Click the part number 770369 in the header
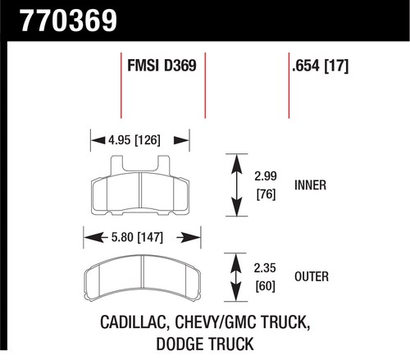[x=69, y=21]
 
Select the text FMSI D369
[x=162, y=66]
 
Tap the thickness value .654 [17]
[x=320, y=66]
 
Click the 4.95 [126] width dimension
[x=134, y=140]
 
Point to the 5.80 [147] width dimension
[x=137, y=237]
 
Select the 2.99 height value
[x=266, y=176]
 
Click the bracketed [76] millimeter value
[x=266, y=194]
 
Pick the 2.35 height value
[x=265, y=268]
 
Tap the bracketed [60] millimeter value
[x=265, y=286]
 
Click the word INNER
[x=310, y=185]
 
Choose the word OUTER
[x=312, y=276]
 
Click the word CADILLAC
[x=134, y=322]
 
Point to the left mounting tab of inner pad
[x=116, y=165]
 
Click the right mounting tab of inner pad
[x=164, y=165]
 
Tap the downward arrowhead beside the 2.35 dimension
[x=236, y=292]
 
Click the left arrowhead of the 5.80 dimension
[x=93, y=237]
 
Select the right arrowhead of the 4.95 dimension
[x=181, y=140]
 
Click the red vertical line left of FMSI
[x=121, y=85]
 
